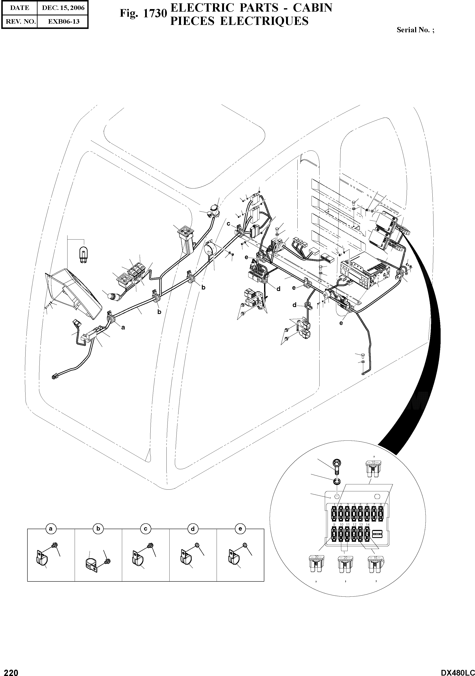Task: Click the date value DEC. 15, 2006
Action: coord(63,8)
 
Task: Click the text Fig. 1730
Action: coord(143,14)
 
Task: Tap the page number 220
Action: coord(9,670)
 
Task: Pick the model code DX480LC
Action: coord(457,670)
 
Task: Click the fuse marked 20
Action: coord(345,564)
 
